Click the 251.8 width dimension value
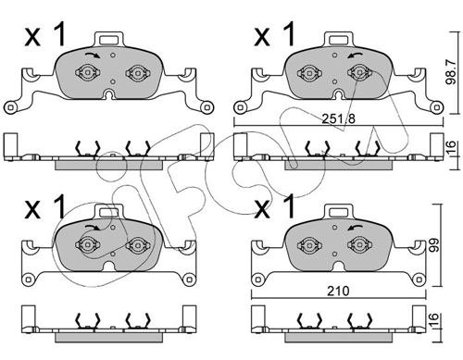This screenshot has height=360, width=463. coord(339,118)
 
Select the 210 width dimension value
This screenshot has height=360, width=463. coord(338,291)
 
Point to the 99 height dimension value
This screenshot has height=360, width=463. coord(434,245)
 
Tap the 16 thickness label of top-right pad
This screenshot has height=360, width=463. coord(451,147)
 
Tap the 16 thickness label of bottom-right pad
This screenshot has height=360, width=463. coord(433,320)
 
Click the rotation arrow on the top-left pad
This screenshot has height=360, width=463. coord(93,55)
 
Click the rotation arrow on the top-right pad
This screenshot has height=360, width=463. coord(355,56)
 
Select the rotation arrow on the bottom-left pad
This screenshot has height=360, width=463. coord(93,228)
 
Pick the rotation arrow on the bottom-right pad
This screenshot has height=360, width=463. coord(355,228)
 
